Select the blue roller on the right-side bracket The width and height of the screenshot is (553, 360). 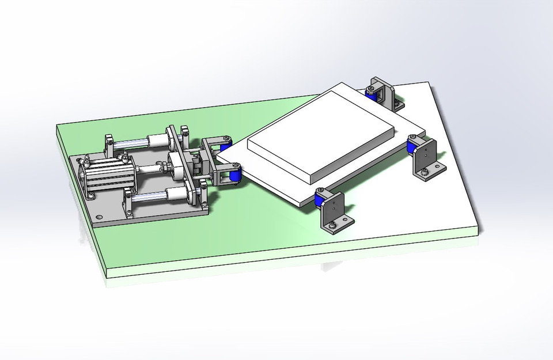pos(412,148)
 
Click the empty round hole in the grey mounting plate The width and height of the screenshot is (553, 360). pos(100,217)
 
